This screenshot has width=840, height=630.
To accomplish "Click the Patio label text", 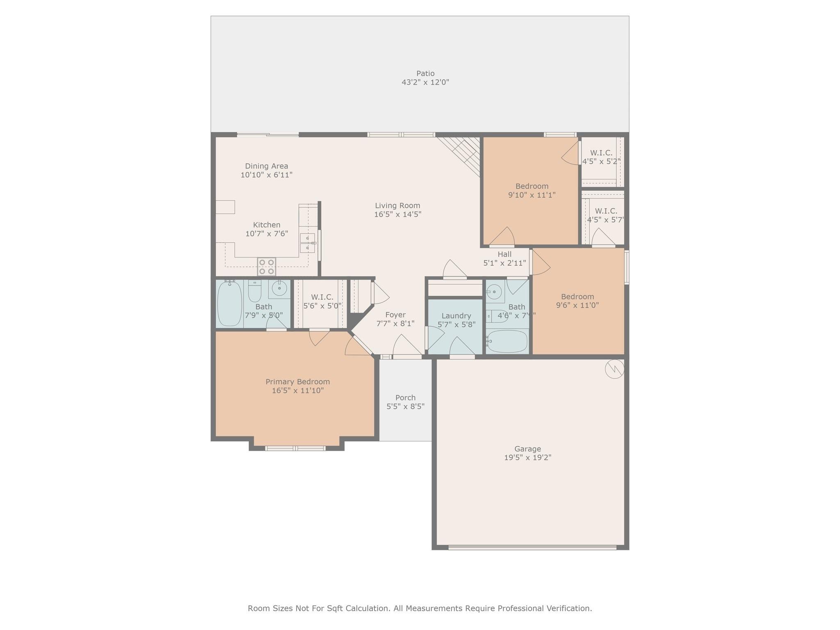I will click(425, 73).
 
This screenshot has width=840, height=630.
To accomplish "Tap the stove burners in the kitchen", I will click(266, 267).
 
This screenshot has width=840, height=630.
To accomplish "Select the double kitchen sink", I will click(307, 243).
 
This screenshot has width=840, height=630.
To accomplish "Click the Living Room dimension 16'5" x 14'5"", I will click(397, 214).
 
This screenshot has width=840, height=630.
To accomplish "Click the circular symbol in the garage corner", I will click(614, 369).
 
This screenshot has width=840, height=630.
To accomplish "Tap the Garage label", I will click(527, 449).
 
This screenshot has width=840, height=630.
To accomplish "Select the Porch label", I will click(405, 397).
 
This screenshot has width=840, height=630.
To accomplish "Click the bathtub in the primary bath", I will click(229, 304).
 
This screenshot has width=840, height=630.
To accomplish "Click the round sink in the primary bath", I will click(279, 289).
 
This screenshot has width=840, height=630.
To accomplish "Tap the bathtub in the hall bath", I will click(507, 341).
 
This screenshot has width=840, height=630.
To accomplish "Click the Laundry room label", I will click(456, 316).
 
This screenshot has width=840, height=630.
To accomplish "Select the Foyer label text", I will click(395, 315).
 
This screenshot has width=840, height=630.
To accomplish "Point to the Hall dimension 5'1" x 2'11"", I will click(504, 263).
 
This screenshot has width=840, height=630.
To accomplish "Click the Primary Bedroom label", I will click(298, 381).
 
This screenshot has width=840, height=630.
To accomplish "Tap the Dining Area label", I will click(267, 166).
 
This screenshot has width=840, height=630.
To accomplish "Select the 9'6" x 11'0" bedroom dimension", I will click(577, 305).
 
